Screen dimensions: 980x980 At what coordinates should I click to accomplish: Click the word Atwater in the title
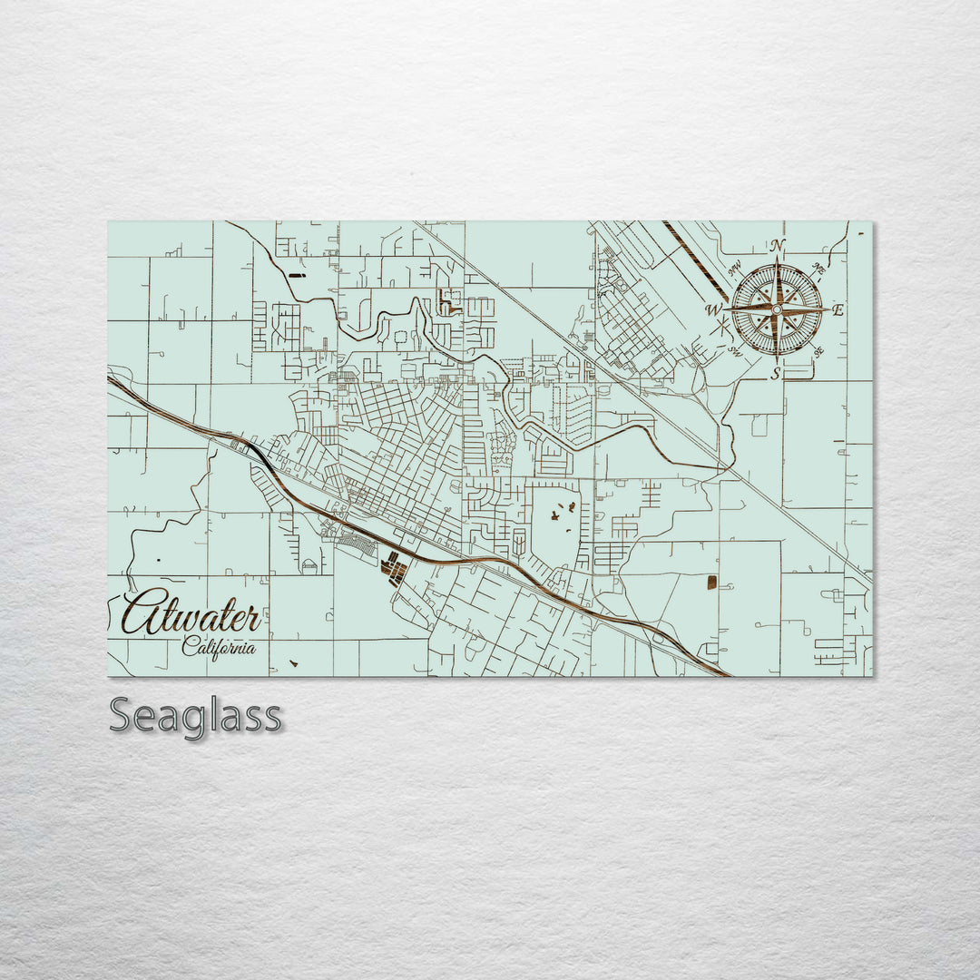point(191,616)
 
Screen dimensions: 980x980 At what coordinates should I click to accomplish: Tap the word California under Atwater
point(218,647)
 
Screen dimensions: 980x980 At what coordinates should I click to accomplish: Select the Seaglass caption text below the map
point(195,716)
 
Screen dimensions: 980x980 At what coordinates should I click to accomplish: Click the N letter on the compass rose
point(777,246)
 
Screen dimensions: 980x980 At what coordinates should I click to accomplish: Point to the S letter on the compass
point(776,373)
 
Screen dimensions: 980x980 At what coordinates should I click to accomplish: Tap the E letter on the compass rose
point(838,310)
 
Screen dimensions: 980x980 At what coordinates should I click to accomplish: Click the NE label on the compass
point(818,269)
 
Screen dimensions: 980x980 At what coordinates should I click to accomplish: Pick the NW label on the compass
point(734,269)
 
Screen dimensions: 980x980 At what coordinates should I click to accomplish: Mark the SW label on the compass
point(734,351)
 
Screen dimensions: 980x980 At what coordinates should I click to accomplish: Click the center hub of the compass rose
point(777,309)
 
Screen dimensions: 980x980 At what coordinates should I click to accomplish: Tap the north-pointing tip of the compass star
point(777,260)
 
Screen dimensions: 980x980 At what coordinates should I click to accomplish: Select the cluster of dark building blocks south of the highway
point(394,569)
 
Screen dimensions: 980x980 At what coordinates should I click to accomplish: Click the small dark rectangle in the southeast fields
point(712,582)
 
